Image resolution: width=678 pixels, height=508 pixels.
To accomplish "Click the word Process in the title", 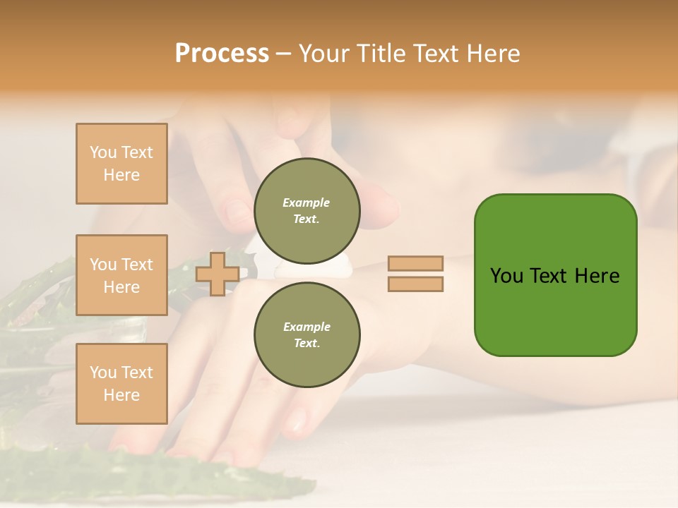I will (222, 54).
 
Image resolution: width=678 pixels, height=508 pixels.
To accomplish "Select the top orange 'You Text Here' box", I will (121, 164).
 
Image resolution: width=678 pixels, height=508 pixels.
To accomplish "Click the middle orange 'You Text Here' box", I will (121, 275).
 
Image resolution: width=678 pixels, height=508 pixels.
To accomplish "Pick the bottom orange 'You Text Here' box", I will (121, 384).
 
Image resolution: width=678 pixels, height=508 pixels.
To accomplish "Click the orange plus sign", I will (218, 274).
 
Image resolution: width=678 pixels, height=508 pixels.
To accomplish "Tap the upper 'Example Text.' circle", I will (307, 211).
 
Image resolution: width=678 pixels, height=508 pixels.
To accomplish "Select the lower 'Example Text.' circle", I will (307, 335).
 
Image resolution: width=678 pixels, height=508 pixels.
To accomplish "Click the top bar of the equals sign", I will (415, 263).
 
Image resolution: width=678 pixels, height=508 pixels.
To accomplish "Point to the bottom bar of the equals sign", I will (415, 284).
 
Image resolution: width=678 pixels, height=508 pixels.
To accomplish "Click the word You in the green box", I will (507, 276).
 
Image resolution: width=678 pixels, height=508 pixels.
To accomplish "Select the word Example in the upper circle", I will (307, 202).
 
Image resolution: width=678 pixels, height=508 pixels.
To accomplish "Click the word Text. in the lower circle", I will (307, 344).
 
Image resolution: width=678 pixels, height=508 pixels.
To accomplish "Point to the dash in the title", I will (284, 54).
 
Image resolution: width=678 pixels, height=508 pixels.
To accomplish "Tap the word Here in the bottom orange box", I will (121, 395).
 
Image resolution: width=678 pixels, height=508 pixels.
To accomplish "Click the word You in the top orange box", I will (102, 152).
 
